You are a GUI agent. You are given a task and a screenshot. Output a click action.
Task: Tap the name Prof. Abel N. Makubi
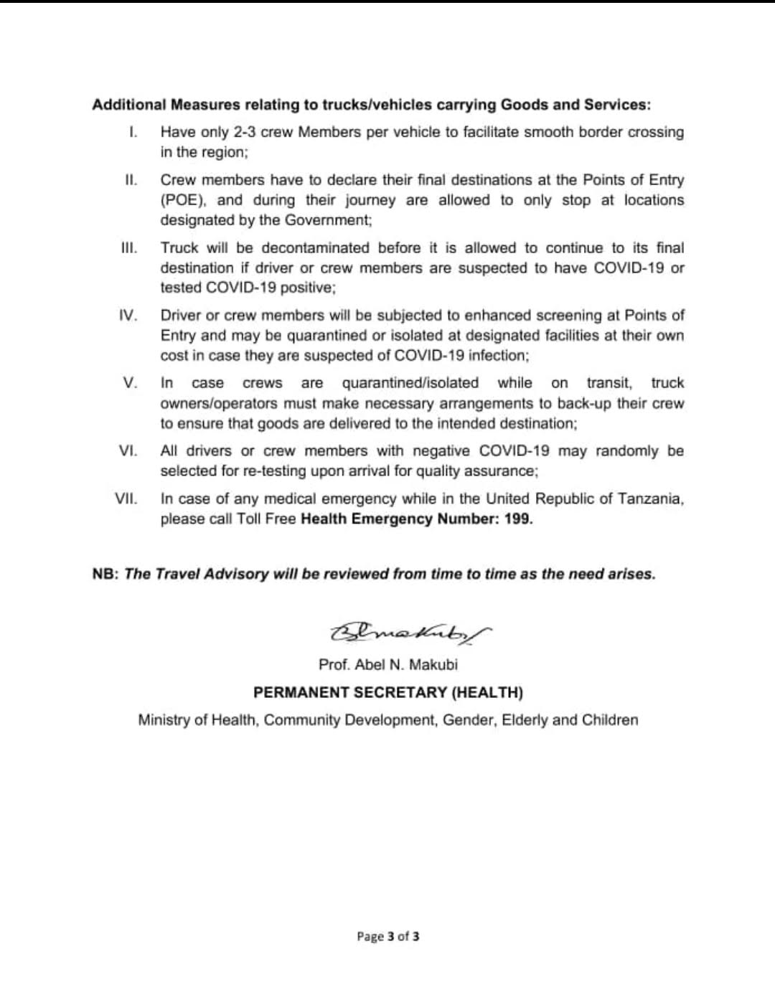pos(387,665)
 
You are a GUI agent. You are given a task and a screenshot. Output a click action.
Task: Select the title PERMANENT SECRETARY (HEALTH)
pos(387,693)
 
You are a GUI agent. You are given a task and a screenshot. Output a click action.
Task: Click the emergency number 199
pos(517,519)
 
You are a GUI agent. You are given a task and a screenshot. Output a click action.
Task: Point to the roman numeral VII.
pos(126,499)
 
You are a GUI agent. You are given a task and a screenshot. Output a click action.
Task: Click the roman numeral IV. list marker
pos(128,316)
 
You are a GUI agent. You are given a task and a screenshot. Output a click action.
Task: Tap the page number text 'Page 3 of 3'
pos(388,936)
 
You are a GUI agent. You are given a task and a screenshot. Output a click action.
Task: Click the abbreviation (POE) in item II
pos(184,200)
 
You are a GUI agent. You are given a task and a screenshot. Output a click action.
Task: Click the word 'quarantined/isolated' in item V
pos(410,383)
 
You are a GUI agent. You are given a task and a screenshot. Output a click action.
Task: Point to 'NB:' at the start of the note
pos(105,575)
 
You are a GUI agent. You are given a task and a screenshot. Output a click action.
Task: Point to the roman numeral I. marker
pos(133,133)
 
